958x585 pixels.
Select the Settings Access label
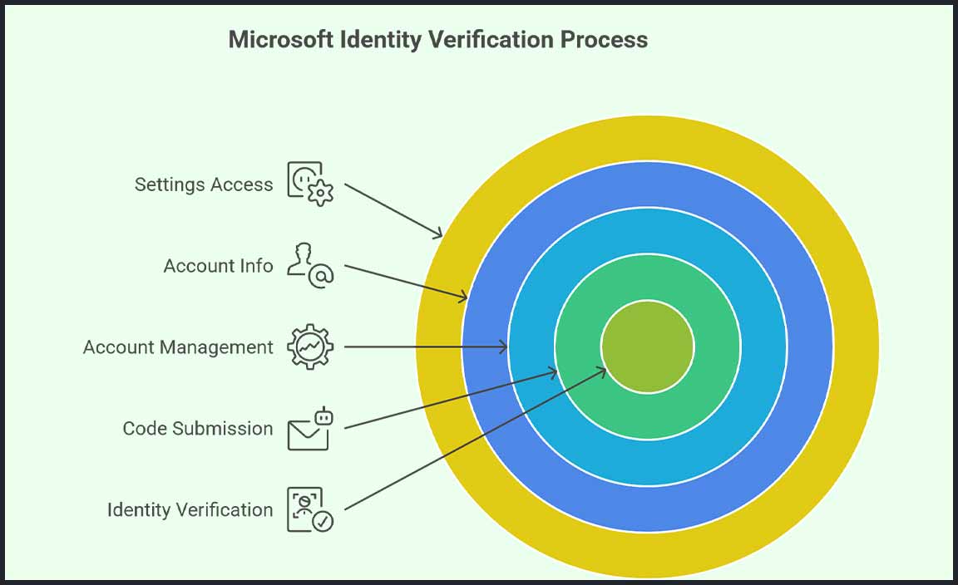[x=204, y=184]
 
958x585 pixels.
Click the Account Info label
[x=218, y=266]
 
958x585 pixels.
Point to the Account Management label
[x=178, y=347]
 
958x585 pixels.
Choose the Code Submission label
[x=198, y=429]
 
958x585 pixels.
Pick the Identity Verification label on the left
[x=190, y=509]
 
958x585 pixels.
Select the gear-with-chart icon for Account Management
[x=310, y=347]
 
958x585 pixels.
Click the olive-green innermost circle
[x=647, y=347]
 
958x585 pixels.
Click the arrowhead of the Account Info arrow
[x=465, y=297]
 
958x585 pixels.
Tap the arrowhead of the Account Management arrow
[x=505, y=347]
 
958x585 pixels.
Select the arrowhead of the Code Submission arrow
[x=554, y=373]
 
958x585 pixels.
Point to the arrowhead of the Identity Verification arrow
[x=603, y=371]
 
